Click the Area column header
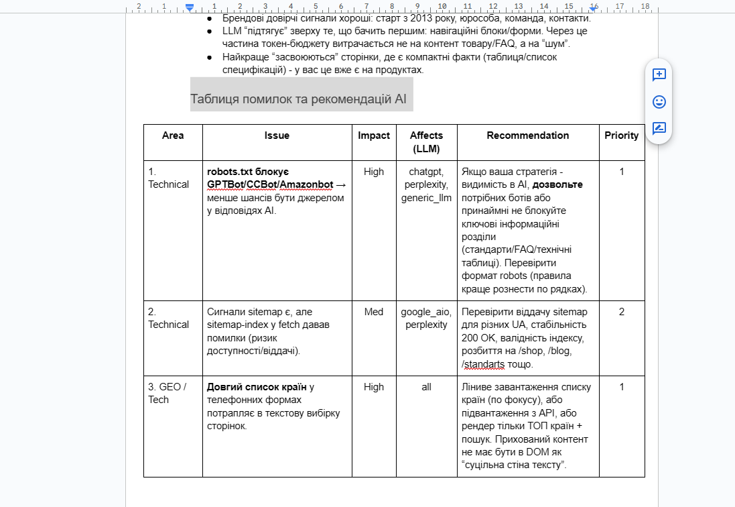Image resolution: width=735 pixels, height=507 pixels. pos(173,135)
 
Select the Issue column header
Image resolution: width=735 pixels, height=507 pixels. pos(277,135)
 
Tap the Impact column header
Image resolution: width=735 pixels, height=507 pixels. pos(374,135)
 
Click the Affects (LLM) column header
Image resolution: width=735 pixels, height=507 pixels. pos(426,142)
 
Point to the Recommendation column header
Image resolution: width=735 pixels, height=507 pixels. pos(528,135)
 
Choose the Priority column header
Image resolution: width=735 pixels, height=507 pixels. pos(622,135)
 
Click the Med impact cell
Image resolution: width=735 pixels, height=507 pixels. pos(374,312)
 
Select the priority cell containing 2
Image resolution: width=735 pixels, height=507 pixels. pos(622,312)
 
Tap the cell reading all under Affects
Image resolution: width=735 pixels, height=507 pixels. pos(426,387)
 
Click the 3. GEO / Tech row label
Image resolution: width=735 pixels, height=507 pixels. pos(168,393)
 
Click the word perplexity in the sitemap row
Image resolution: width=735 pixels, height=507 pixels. pos(426,325)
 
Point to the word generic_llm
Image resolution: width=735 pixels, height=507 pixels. pos(426,198)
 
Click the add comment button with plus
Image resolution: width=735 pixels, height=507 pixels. pos(659,75)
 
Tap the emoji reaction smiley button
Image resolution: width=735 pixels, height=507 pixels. pos(659,102)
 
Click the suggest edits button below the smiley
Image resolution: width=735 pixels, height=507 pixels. pos(659,129)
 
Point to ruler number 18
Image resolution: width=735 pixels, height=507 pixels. pos(645,6)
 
